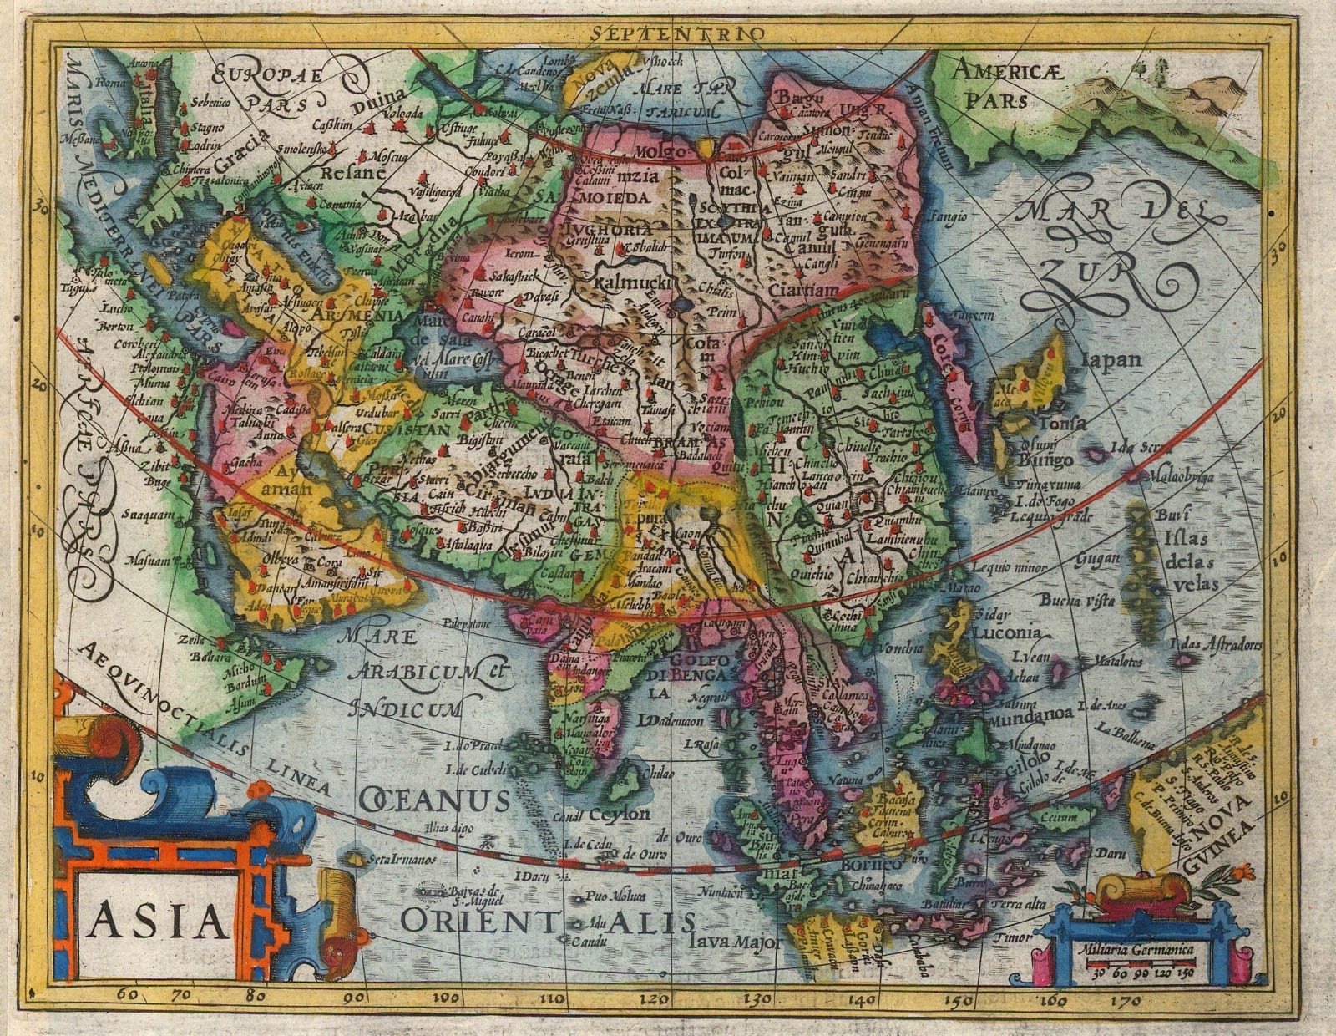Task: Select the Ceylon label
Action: (619, 814)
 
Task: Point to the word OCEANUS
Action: (434, 800)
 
